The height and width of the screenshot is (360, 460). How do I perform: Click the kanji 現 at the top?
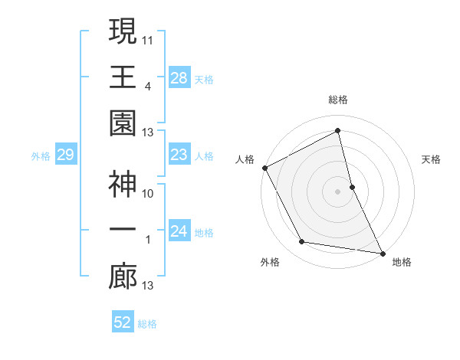tap(123, 32)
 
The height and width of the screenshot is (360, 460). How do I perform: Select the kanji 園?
tap(123, 123)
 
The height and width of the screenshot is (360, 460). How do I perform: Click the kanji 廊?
tap(123, 277)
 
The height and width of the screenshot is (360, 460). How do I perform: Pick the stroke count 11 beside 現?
tap(148, 38)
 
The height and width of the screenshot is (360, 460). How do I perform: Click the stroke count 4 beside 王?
tap(147, 86)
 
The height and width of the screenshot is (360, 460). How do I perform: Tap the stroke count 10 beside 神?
tap(148, 193)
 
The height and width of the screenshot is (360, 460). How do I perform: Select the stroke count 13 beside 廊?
tap(148, 286)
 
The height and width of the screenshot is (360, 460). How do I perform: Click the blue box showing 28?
tap(179, 78)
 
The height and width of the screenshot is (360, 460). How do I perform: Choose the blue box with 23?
tap(179, 155)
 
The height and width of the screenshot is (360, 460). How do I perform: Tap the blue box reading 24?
tap(179, 232)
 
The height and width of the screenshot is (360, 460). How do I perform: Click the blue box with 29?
tap(65, 155)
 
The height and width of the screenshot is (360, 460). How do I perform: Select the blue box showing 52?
tap(123, 322)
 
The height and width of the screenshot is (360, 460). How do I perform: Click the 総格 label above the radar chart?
tap(338, 100)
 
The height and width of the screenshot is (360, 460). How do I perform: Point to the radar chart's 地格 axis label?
tap(402, 262)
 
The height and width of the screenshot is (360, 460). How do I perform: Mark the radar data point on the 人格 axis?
tap(264, 168)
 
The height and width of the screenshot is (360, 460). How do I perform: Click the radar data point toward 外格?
tap(302, 242)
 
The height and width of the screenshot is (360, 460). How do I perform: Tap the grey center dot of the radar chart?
tap(338, 191)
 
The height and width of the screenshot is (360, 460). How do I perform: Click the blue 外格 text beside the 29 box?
tap(41, 156)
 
